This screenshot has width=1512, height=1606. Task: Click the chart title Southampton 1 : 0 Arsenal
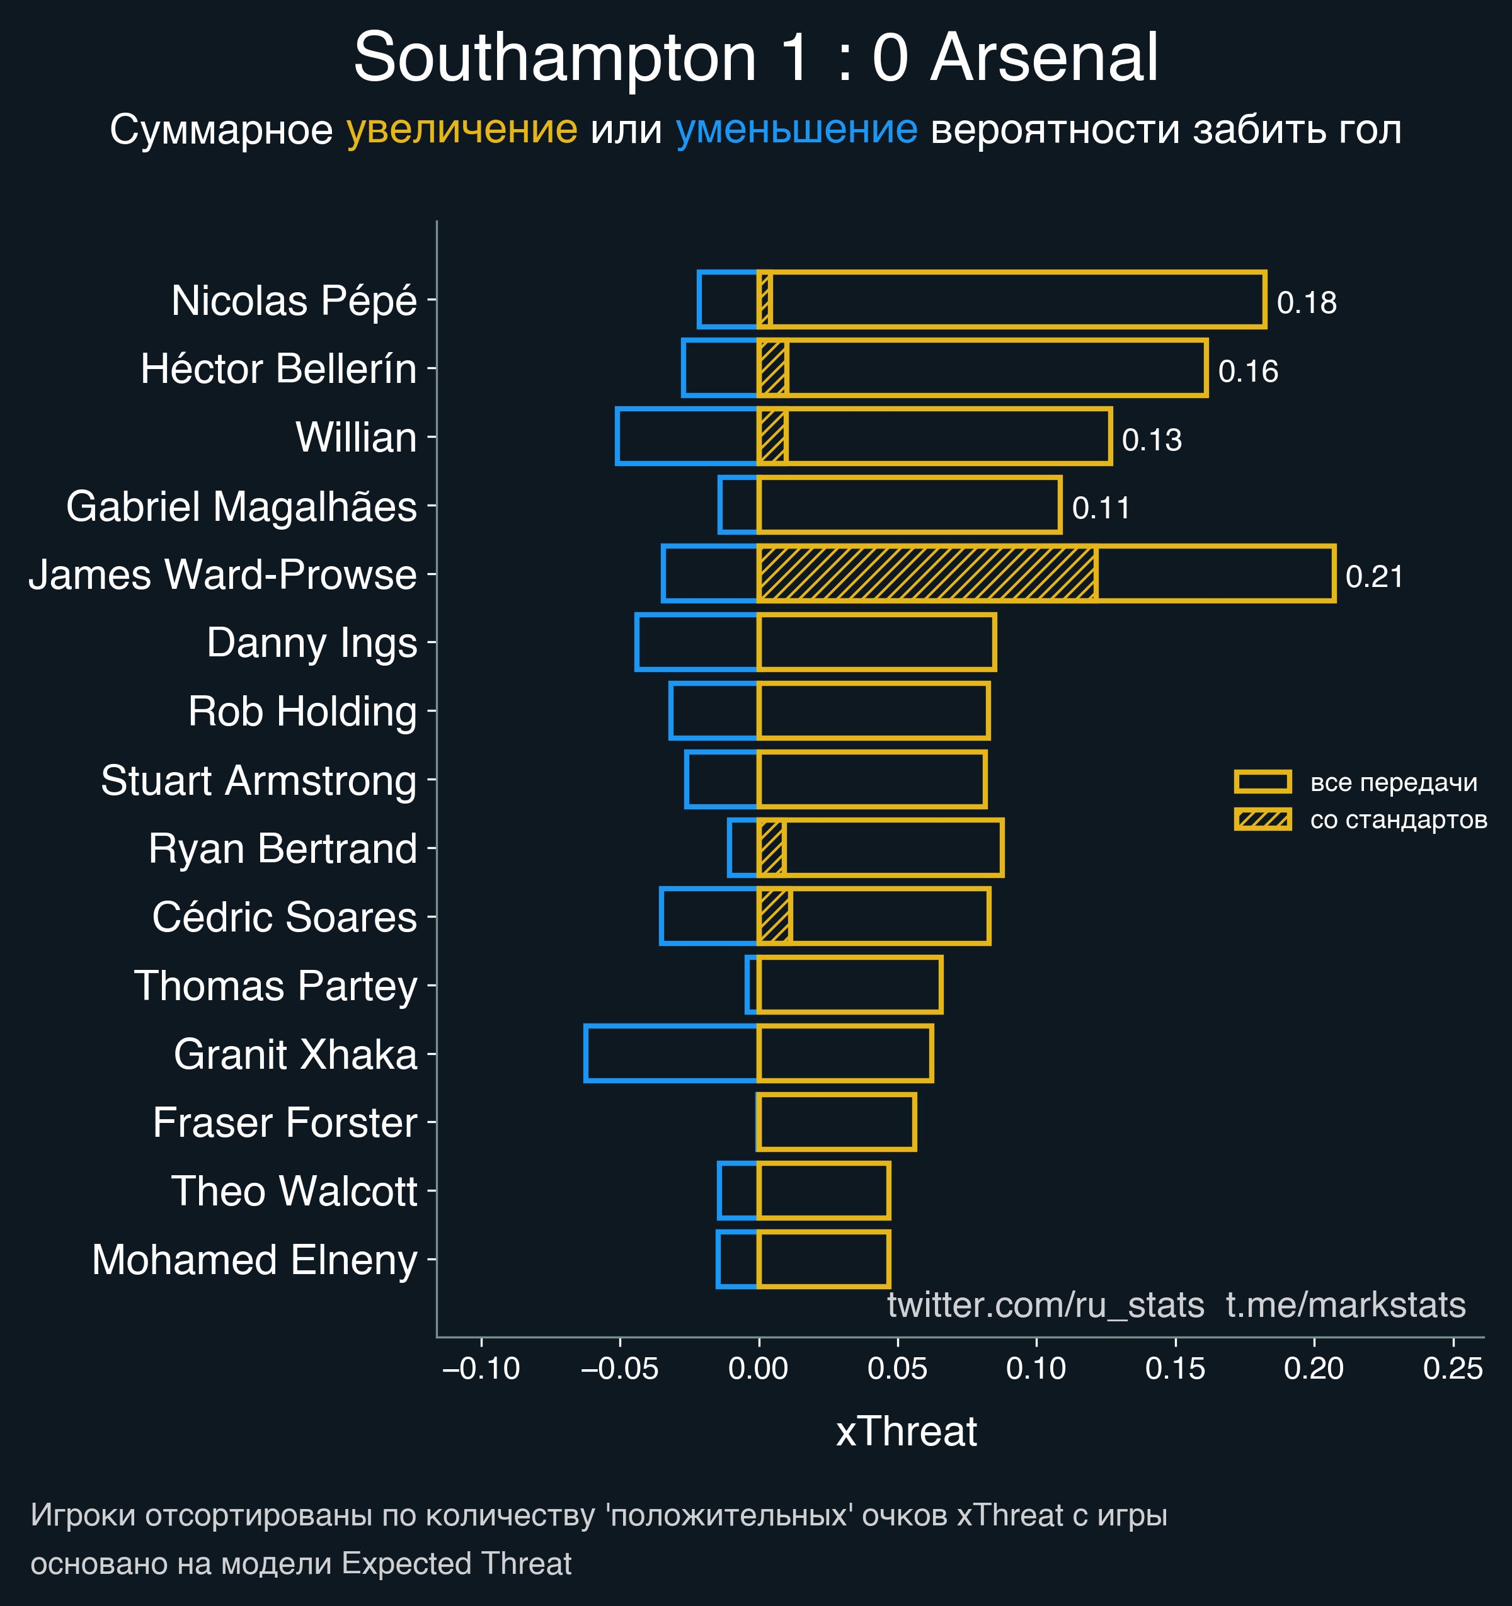(755, 58)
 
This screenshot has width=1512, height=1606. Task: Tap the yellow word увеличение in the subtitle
(461, 130)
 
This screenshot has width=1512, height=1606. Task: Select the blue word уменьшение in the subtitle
(796, 130)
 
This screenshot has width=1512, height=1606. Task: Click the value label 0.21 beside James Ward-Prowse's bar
(1374, 577)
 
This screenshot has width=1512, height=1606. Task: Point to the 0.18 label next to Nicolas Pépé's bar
(1306, 303)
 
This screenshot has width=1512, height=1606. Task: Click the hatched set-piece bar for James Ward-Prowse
(927, 574)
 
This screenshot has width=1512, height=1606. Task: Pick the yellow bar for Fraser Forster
(837, 1121)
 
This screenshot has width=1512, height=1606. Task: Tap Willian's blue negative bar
(687, 436)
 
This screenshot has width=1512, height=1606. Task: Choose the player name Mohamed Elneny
(255, 1260)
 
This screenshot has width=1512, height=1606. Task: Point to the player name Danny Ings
(311, 644)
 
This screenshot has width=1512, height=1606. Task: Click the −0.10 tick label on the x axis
(482, 1369)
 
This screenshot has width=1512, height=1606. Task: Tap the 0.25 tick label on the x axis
(1452, 1369)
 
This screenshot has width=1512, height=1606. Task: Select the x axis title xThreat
(906, 1432)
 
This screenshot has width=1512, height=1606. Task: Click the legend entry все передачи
(1393, 783)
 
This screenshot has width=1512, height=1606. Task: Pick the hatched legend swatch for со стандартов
(1263, 819)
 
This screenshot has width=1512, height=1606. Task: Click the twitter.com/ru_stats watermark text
(1045, 1306)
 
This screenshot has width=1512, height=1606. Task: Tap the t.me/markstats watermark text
(1346, 1306)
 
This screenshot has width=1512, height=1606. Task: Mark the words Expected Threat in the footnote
(457, 1564)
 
